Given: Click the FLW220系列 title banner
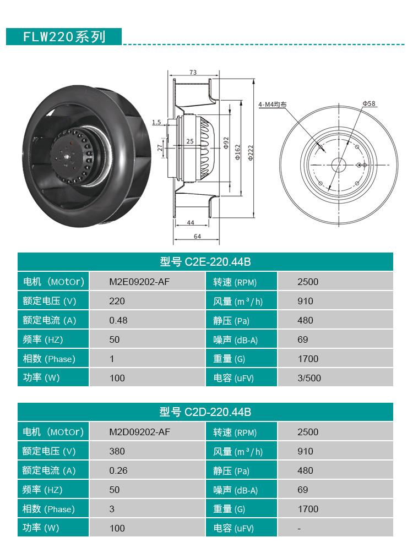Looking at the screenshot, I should tap(63, 36).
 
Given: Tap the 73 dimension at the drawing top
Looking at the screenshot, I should tap(193, 73).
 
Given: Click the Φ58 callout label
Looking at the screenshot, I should tap(368, 103).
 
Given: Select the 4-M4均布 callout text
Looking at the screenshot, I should tap(272, 104).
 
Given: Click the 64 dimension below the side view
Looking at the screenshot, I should tap(197, 237).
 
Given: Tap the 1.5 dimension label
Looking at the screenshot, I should tap(157, 122).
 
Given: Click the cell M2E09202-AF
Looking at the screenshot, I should tap(139, 282).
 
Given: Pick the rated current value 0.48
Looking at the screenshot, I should tap(118, 320).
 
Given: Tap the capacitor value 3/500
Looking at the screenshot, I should tap(309, 378).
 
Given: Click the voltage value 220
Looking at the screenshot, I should tap(117, 301).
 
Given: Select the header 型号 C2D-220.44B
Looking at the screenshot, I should tap(205, 412).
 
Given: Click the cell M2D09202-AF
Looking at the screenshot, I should tap(139, 432).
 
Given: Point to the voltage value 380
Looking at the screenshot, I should tap(117, 451).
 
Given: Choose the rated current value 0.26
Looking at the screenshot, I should tap(118, 470).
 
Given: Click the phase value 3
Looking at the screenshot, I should tap(112, 509).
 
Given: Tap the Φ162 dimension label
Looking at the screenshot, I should tap(238, 150).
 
